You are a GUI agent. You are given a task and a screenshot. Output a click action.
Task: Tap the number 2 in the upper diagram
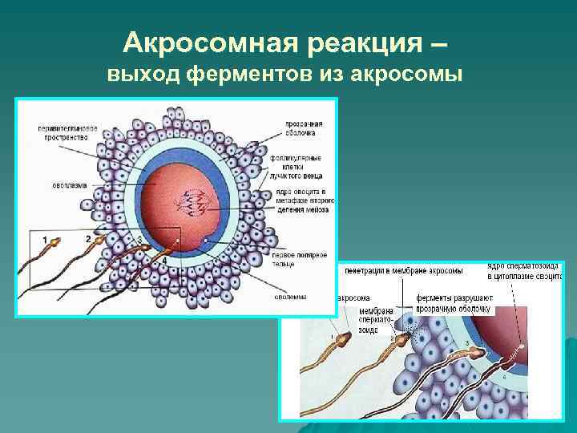tap(87, 239)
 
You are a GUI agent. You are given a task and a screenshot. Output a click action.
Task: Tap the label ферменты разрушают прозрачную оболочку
tap(454, 302)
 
